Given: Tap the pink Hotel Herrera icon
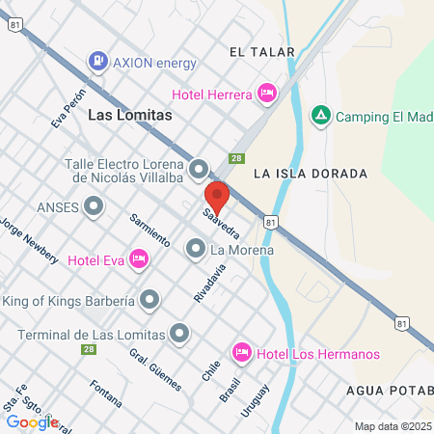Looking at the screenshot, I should point(267,94).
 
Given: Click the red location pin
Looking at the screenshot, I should point(217,197).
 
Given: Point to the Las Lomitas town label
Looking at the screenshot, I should point(129,115).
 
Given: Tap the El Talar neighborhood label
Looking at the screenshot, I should point(256,51).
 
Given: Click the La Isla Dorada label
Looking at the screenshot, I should point(311,174).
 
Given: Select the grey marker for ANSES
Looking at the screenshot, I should point(94,205).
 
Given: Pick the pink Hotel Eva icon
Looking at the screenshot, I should point(139,258).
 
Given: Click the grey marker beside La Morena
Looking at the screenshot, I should point(195,251).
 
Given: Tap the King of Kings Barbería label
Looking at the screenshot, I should point(68,301).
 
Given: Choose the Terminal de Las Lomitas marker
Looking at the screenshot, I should point(179,334).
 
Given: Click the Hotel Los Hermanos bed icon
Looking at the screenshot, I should point(241,353).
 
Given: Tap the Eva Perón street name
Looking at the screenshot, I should point(70,108).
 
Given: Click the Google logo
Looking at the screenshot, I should point(32,421).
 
